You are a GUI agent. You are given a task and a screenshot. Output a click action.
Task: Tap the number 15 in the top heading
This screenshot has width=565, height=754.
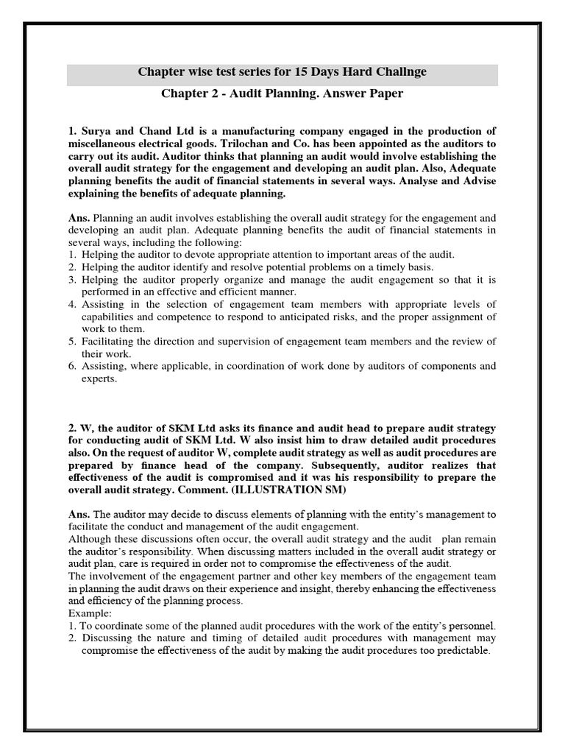click(x=294, y=72)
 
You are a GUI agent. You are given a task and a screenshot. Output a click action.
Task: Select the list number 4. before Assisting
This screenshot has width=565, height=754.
click(x=71, y=303)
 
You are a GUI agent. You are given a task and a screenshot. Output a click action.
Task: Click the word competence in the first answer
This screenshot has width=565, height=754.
click(x=213, y=316)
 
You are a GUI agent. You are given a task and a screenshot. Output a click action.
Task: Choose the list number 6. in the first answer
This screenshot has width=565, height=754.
click(x=71, y=366)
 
